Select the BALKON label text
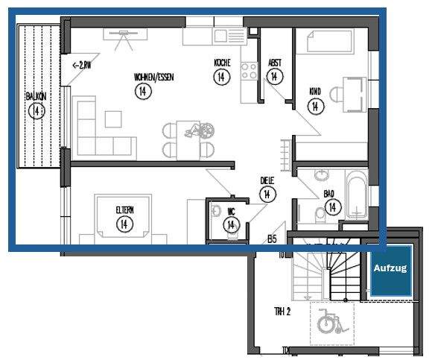click(x=35, y=98)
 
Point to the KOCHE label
click(x=222, y=63)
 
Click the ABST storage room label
click(x=275, y=63)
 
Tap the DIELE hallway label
click(x=266, y=180)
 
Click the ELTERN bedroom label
click(x=124, y=209)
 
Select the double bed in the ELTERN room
click(x=124, y=219)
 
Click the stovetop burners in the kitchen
click(x=250, y=73)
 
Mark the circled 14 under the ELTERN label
click(x=124, y=223)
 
